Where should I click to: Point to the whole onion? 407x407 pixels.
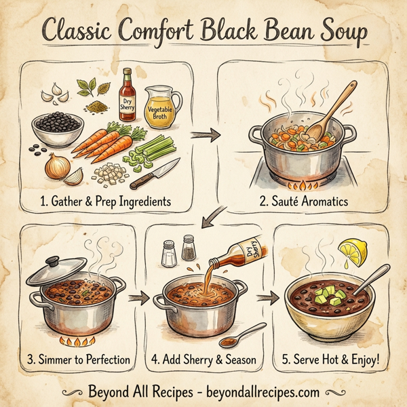pos(56,166)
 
